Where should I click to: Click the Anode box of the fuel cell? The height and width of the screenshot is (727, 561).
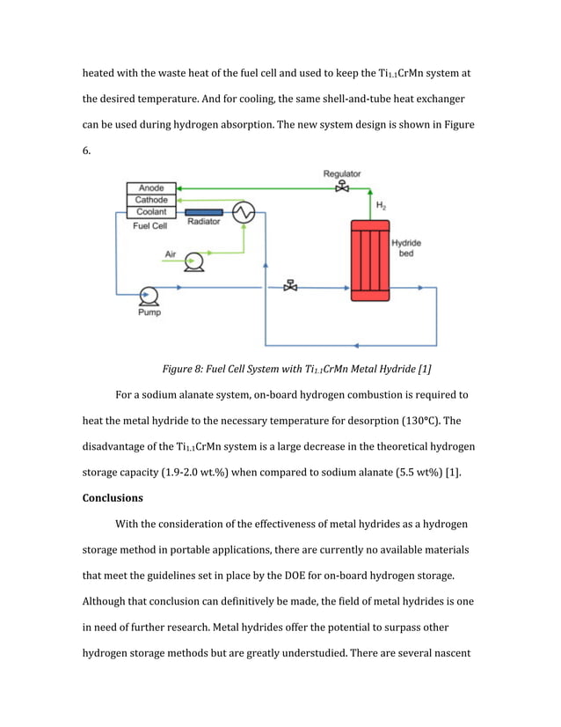[x=151, y=188]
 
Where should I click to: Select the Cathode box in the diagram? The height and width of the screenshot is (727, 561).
[x=151, y=201]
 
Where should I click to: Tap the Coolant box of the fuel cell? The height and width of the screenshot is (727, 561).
[x=151, y=212]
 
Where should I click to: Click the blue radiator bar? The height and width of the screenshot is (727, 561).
[x=204, y=212]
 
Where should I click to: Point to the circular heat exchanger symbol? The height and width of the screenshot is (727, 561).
[x=244, y=212]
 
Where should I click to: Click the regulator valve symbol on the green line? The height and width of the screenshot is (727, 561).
[x=342, y=187]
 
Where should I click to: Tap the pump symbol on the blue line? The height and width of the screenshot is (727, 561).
[x=149, y=294]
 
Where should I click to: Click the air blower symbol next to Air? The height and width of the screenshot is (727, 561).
[x=195, y=261]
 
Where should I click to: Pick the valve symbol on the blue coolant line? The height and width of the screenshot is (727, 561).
[x=290, y=287]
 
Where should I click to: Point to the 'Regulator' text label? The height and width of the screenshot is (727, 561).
[x=342, y=174]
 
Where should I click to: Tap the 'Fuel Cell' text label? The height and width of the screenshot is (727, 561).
[x=149, y=226]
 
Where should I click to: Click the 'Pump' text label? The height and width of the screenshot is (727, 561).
[x=149, y=312]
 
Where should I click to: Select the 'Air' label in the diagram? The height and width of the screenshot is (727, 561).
[x=171, y=255]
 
